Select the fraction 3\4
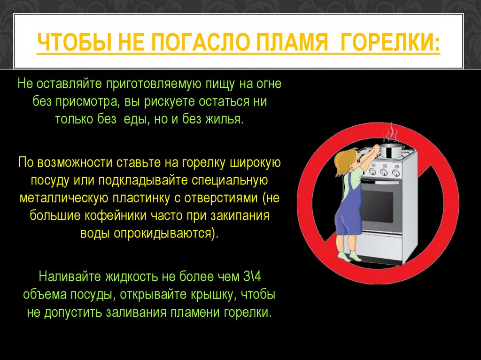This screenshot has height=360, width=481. [x=252, y=276]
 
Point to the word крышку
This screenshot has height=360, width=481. [x=214, y=295]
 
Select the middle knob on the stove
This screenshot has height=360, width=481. [x=384, y=172]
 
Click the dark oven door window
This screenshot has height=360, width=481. [x=377, y=206]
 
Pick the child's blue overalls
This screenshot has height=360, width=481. [x=349, y=212]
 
